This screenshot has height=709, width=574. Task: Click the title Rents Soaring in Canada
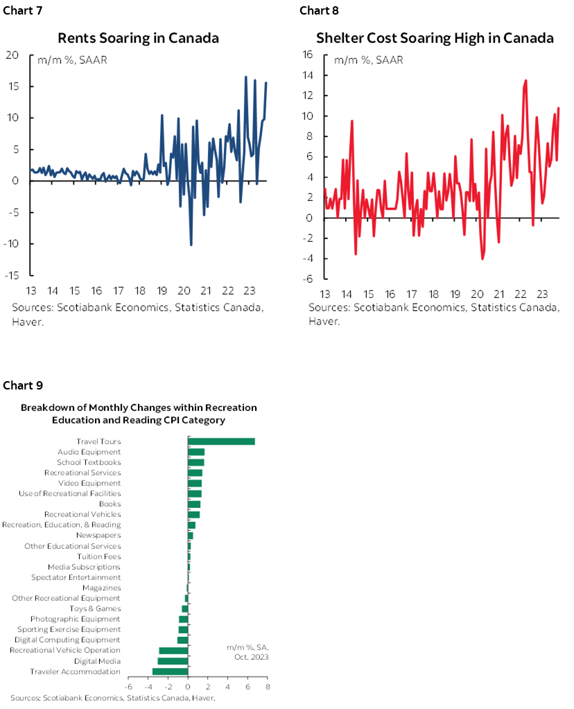point(138,38)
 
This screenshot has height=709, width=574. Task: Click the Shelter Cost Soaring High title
point(435,38)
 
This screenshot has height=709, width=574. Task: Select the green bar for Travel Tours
point(221,441)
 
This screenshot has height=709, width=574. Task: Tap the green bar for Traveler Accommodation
point(171,672)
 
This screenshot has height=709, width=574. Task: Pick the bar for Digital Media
point(173,661)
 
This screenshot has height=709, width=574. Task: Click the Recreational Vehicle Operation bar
point(174,651)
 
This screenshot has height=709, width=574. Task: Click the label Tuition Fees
point(99,557)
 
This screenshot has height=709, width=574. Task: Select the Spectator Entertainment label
point(76,577)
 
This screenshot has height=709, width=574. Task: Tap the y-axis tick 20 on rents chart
point(12,55)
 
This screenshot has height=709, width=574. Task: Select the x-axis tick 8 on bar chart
point(268,687)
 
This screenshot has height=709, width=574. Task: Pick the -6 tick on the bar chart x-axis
point(128,687)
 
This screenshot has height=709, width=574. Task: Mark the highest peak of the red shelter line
point(526,80)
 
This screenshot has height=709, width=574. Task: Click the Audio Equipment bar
point(196,452)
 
